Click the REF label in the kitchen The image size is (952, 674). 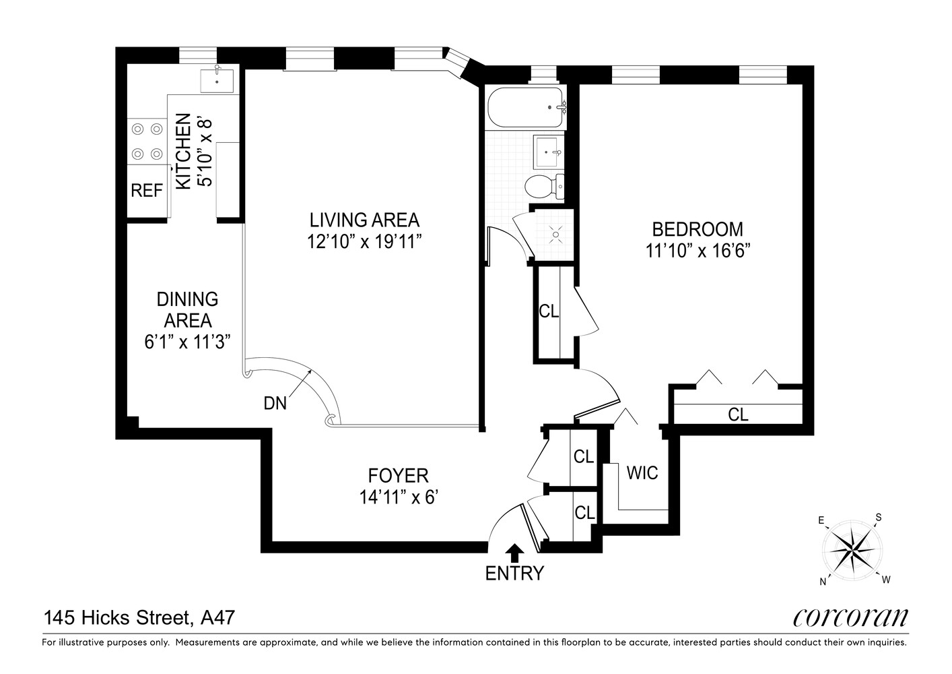(x=147, y=191)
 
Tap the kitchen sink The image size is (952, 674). (x=217, y=80)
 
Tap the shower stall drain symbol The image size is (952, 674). (x=555, y=234)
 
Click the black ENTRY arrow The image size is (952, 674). (x=514, y=553)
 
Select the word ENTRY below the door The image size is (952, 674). (x=514, y=574)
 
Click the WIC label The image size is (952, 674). (x=642, y=472)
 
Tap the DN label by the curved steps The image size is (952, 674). (x=275, y=403)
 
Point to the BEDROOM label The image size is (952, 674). (x=698, y=229)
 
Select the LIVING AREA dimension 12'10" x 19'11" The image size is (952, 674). (x=364, y=241)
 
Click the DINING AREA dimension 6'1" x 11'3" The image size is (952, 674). (x=187, y=342)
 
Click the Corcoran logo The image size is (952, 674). (x=850, y=617)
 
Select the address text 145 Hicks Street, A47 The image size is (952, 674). (x=139, y=617)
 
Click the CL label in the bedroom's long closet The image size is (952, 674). (x=738, y=415)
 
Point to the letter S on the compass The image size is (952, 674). (x=878, y=518)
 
